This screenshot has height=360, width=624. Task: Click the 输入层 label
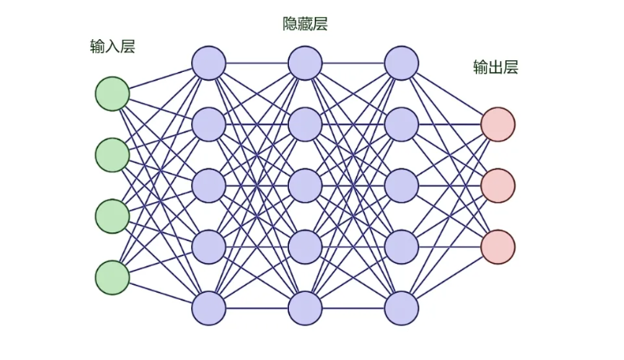113,47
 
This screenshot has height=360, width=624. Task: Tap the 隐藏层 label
305,24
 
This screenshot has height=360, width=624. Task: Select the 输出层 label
496,68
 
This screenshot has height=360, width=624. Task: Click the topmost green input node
112,93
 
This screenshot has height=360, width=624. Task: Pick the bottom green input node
112,278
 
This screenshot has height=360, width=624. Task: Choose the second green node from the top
112,155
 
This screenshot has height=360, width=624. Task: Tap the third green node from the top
112,216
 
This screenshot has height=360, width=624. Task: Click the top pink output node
498,124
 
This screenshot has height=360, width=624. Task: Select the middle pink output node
498,185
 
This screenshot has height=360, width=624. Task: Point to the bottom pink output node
498,247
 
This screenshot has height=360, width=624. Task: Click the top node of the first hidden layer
208,63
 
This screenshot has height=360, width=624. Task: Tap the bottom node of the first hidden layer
208,308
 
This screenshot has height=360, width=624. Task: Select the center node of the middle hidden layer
305,185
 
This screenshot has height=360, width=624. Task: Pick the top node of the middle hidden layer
305,63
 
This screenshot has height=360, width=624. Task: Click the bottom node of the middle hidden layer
305,308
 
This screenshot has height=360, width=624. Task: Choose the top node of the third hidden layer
401,63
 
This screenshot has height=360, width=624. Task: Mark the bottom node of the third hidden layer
401,308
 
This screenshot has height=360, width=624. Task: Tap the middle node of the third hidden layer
401,185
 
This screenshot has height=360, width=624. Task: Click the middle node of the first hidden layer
208,185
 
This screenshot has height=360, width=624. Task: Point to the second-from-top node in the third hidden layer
401,124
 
